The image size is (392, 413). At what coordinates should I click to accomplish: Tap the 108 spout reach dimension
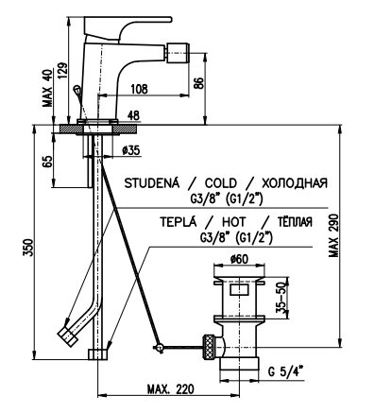pos(139,89)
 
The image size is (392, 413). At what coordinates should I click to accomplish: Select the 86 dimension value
pos(198,82)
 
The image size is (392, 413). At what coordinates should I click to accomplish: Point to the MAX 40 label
pos(48,88)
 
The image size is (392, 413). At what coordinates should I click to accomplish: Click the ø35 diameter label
pos(130,150)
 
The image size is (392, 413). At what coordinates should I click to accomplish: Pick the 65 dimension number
pos(47,162)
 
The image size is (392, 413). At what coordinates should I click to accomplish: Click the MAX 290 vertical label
pos(333,235)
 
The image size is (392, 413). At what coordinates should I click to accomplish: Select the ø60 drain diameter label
pos(239,259)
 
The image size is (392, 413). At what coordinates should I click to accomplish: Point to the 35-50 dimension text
pos(282,297)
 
